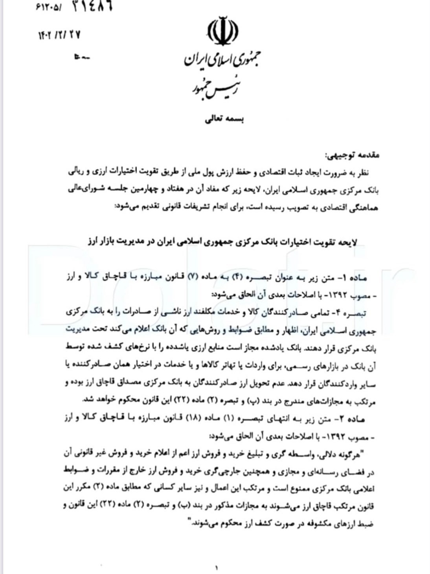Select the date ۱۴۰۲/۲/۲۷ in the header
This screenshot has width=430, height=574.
click(60, 35)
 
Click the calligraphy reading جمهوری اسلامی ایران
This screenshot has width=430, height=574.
click(222, 60)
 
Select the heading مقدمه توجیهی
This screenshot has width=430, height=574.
click(356, 156)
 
